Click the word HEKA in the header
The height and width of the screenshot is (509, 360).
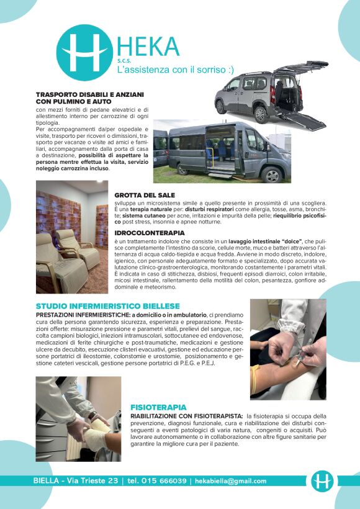147,47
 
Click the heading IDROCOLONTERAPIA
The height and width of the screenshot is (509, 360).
150,232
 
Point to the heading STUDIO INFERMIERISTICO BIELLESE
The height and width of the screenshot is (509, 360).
108,306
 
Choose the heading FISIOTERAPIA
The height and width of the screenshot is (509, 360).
158,407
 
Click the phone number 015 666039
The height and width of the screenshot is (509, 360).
166,481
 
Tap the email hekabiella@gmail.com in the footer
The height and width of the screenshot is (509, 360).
230,481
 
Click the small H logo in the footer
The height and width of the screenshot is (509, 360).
322,481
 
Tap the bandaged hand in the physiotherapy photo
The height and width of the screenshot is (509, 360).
93,438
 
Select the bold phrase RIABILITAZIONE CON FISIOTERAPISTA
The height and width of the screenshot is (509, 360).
186,415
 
